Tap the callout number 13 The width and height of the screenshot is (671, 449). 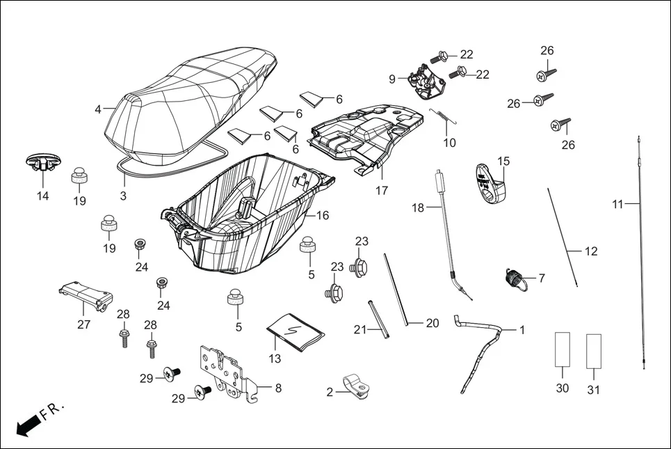[x=275, y=359]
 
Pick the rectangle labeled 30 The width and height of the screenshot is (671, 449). [x=563, y=349]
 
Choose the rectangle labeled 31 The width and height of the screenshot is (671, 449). [x=593, y=349]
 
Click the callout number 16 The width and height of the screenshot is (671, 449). [x=323, y=216]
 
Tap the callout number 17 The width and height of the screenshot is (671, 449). [x=382, y=191]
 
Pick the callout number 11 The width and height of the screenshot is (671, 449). [x=617, y=204]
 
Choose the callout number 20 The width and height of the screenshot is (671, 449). [x=432, y=323]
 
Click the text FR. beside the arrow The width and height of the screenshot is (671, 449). [x=51, y=411]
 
